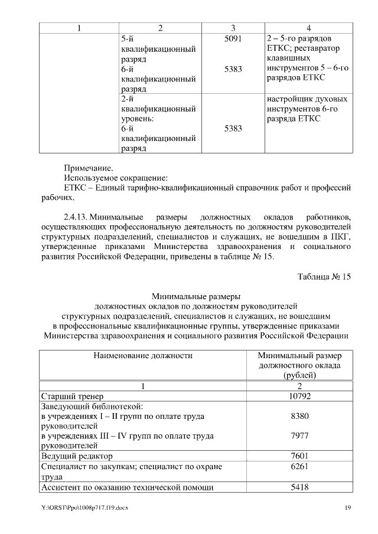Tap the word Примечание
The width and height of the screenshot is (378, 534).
coord(88,168)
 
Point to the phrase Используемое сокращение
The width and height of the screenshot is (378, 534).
coord(116,178)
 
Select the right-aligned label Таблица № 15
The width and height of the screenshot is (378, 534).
coord(324,278)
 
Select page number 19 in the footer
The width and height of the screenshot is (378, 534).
coord(348,508)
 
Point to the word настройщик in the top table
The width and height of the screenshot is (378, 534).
coord(285,99)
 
